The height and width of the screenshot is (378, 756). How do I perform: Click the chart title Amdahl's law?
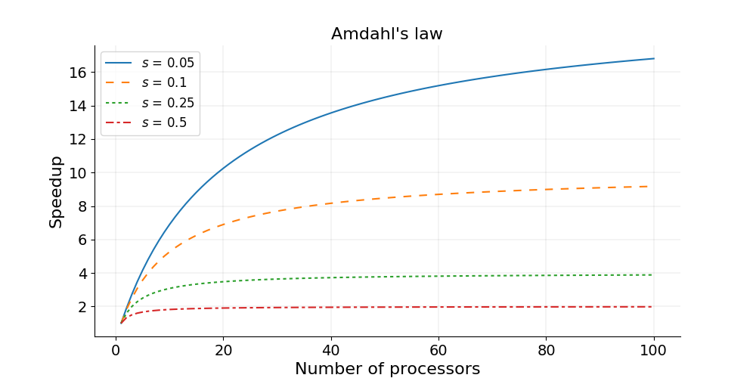(x=386, y=34)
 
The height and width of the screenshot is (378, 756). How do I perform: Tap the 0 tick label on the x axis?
(x=116, y=350)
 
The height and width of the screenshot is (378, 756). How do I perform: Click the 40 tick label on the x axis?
(x=330, y=350)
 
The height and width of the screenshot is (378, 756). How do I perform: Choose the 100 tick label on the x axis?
(x=653, y=350)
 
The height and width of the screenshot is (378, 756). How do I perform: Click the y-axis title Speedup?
(x=56, y=191)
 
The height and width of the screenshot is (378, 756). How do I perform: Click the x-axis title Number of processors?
(x=387, y=369)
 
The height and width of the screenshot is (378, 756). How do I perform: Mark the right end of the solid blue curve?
(x=653, y=58)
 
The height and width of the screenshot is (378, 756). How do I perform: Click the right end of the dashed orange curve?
(x=653, y=186)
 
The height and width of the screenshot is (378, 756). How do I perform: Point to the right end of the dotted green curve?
(x=653, y=274)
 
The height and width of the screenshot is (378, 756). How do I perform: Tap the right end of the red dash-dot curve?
(x=653, y=306)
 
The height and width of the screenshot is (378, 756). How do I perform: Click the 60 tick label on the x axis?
(x=438, y=350)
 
